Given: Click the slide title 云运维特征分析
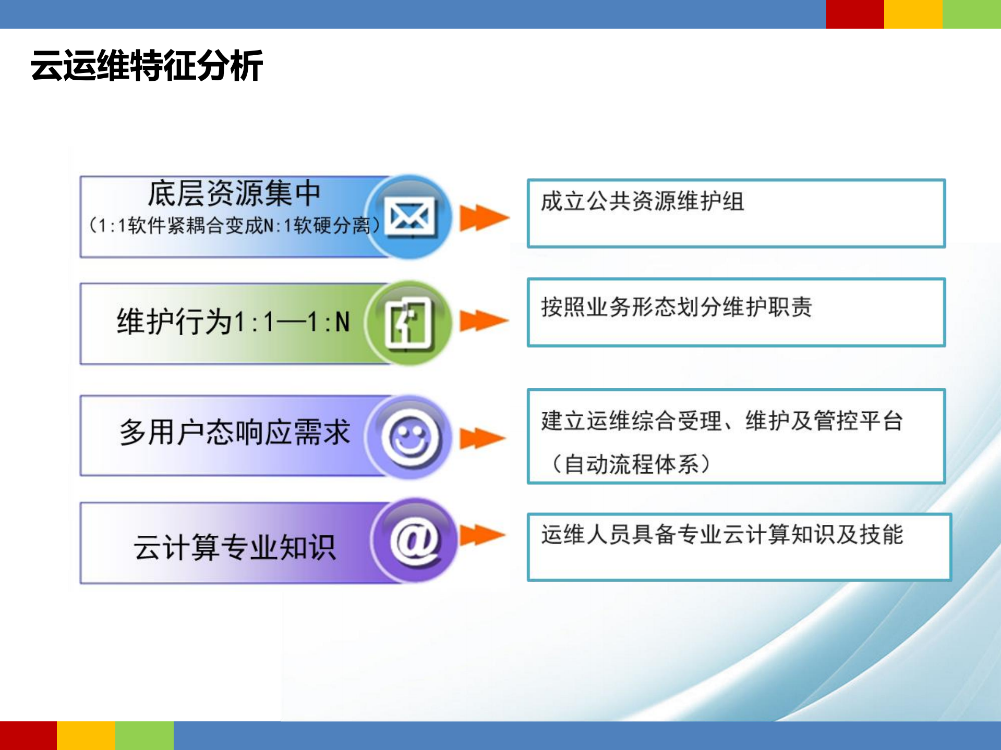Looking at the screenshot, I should tap(147, 66).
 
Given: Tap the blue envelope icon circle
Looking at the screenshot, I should tap(410, 217).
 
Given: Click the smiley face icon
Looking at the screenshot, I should tap(411, 437).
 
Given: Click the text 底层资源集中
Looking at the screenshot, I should tap(234, 194).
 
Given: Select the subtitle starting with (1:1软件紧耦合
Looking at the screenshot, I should tap(234, 226).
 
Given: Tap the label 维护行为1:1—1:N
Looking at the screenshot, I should tap(233, 322).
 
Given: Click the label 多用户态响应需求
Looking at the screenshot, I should tap(234, 433).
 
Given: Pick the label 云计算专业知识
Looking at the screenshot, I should tap(234, 547).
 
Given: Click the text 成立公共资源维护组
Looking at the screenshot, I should tap(642, 202).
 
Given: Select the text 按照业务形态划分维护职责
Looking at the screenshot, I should tap(677, 307).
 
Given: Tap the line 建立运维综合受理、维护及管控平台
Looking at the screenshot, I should tap(722, 421).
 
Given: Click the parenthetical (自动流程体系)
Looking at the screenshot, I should tap(631, 464).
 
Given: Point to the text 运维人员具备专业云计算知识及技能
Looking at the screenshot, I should tap(722, 535).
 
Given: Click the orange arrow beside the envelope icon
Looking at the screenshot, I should tap(484, 218).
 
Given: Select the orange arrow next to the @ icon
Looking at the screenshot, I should tap(483, 535).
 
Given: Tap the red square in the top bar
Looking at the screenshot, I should tap(854, 14).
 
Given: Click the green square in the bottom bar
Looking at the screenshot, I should tap(144, 735).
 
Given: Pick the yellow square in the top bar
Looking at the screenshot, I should tap(913, 14).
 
